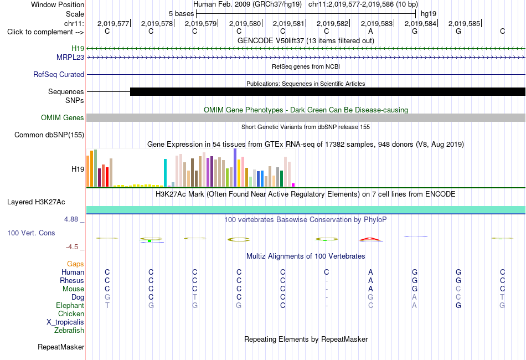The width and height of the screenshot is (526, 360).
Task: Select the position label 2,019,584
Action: pyautogui.click(x=420, y=23)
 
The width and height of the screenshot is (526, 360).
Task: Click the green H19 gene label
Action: pyautogui.click(x=78, y=49)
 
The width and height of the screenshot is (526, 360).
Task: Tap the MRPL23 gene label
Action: pyautogui.click(x=70, y=58)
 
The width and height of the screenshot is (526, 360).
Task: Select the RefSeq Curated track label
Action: pyautogui.click(x=59, y=74)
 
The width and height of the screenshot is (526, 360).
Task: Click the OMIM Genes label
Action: pyautogui.click(x=63, y=118)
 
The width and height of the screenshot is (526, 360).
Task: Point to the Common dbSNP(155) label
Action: pyautogui.click(x=49, y=135)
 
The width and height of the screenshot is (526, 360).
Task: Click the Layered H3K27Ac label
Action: pyautogui.click(x=36, y=202)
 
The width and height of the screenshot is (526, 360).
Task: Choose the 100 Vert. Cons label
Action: pyautogui.click(x=31, y=233)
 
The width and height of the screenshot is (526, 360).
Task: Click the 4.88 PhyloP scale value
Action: pyautogui.click(x=71, y=219)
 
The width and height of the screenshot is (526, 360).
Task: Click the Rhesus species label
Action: pyautogui.click(x=72, y=280)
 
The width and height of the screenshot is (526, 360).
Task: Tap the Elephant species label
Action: pyautogui.click(x=70, y=306)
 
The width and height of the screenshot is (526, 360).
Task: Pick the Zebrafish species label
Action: pyautogui.click(x=69, y=331)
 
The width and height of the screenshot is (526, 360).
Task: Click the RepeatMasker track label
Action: pyautogui.click(x=61, y=347)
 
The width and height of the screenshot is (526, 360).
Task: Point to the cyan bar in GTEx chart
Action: pyautogui.click(x=165, y=173)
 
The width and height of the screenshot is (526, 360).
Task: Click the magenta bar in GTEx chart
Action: pyautogui.click(x=293, y=185)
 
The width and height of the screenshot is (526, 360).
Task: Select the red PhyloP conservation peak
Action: pyautogui.click(x=370, y=239)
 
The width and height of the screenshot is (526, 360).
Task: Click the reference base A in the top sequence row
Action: pyautogui.click(x=370, y=32)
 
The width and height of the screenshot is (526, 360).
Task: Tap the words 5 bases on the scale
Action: pyautogui.click(x=181, y=14)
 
